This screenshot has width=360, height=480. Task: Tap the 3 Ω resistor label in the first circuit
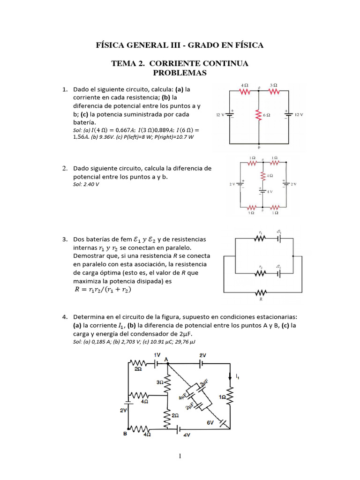click(x=274, y=85)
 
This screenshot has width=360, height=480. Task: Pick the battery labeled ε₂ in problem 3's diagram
click(x=278, y=273)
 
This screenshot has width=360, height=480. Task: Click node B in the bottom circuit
click(x=125, y=434)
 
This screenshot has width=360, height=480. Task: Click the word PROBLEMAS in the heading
click(x=180, y=73)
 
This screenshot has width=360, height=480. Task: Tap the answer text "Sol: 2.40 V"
click(x=86, y=184)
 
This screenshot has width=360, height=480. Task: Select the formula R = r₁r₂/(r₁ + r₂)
click(x=103, y=290)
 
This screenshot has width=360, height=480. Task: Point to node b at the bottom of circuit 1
click(x=259, y=147)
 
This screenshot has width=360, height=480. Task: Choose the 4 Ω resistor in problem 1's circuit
click(x=244, y=92)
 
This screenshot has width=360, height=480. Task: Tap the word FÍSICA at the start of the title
click(x=111, y=45)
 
